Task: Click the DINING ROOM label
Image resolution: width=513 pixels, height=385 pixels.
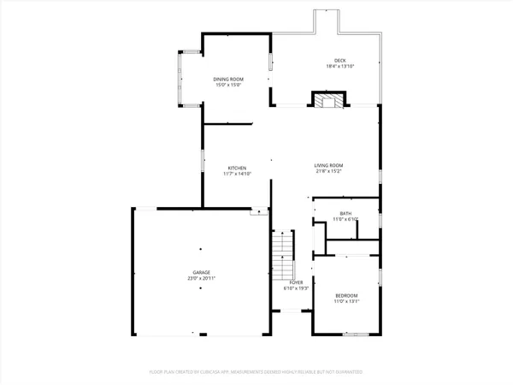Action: click(228, 79)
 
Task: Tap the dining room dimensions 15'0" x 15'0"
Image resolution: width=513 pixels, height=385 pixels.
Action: click(228, 85)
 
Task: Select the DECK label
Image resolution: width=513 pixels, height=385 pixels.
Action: click(339, 60)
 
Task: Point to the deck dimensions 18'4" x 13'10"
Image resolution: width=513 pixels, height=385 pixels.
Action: click(339, 66)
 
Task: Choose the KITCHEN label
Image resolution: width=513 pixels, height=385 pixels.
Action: click(237, 167)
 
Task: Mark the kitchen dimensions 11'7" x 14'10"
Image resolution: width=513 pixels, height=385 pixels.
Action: click(237, 174)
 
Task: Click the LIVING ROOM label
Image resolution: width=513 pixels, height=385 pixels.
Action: click(328, 165)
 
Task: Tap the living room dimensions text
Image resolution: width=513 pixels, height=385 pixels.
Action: click(328, 171)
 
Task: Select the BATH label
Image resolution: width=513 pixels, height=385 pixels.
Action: click(345, 214)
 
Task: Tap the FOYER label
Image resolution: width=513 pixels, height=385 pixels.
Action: click(296, 281)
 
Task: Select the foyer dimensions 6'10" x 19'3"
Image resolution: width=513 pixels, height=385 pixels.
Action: click(296, 287)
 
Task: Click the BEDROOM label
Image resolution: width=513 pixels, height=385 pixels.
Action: click(347, 294)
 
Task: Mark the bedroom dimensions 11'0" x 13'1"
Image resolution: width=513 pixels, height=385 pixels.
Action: click(347, 300)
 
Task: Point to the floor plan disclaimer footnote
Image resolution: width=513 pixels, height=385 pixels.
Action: click(256, 372)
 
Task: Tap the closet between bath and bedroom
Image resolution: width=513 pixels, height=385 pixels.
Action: click(351, 248)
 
